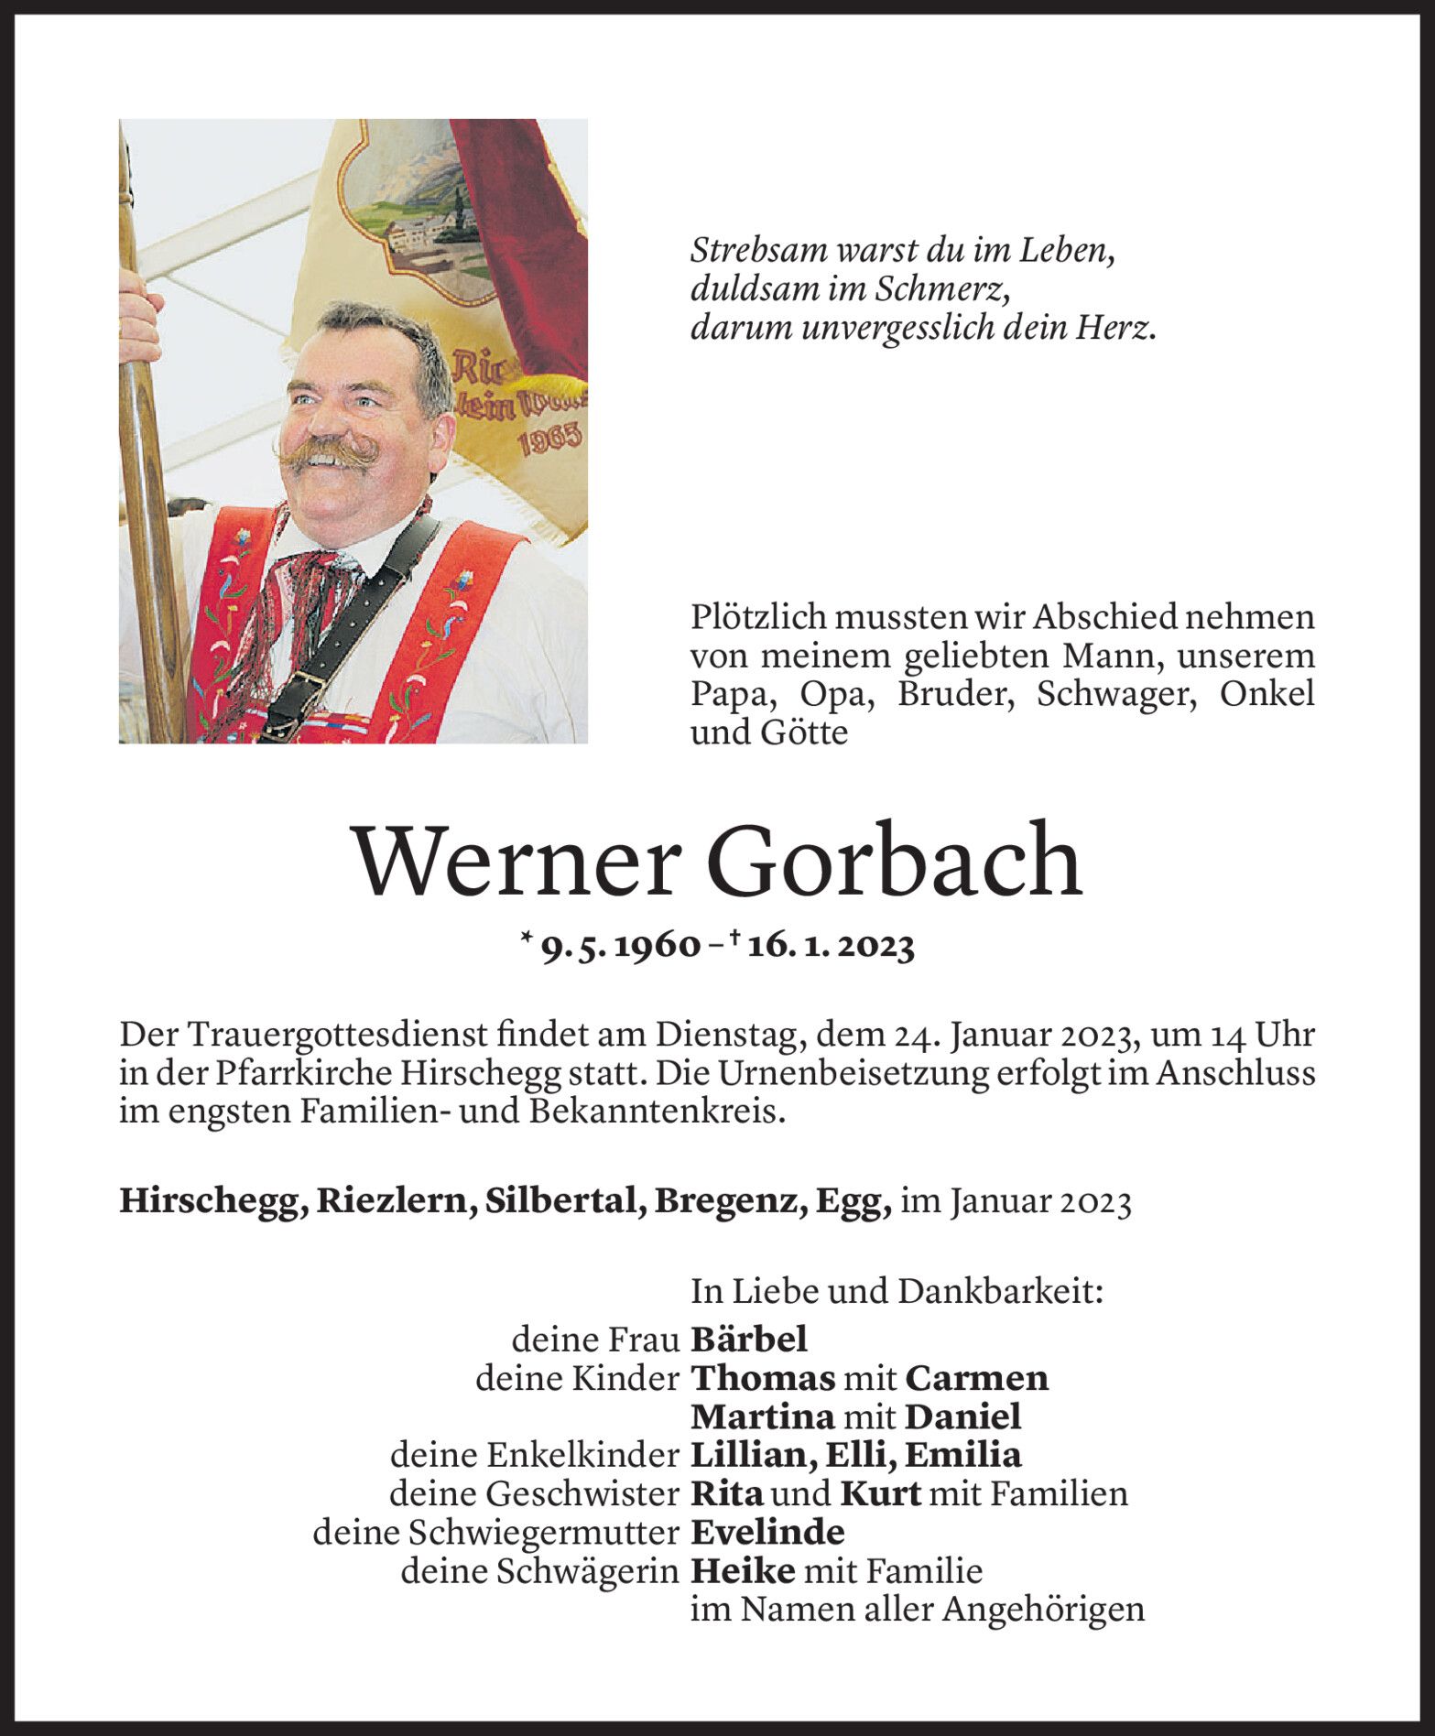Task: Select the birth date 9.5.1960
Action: click(621, 947)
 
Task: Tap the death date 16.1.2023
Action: click(830, 947)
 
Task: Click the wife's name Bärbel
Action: click(748, 1340)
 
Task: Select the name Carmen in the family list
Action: click(976, 1378)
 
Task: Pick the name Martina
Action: click(762, 1416)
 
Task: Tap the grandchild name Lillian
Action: click(752, 1455)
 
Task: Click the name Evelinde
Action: click(767, 1532)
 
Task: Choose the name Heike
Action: click(742, 1570)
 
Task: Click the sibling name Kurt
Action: click(880, 1493)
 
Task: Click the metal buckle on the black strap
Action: click(307, 688)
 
